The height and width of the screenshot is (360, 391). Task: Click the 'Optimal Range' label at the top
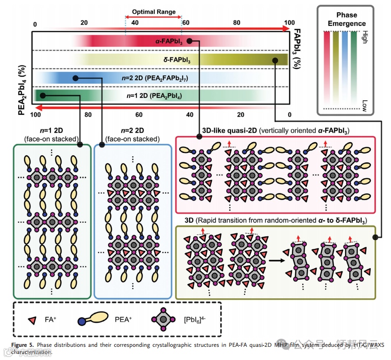click(153, 12)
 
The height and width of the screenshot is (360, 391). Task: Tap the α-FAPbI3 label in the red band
click(169, 41)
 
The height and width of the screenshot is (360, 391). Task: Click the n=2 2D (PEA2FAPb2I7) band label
click(158, 78)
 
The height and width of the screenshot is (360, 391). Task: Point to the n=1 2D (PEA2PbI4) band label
click(155, 96)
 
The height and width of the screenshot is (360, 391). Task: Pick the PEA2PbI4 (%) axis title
click(21, 90)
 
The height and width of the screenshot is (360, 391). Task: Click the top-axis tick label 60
click(185, 23)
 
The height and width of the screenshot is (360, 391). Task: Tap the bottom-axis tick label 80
click(88, 115)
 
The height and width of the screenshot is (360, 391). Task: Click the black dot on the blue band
click(75, 78)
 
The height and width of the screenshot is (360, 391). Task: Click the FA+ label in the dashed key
click(48, 320)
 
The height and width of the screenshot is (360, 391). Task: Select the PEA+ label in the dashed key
click(124, 320)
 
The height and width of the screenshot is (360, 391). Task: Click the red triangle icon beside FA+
click(32, 320)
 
